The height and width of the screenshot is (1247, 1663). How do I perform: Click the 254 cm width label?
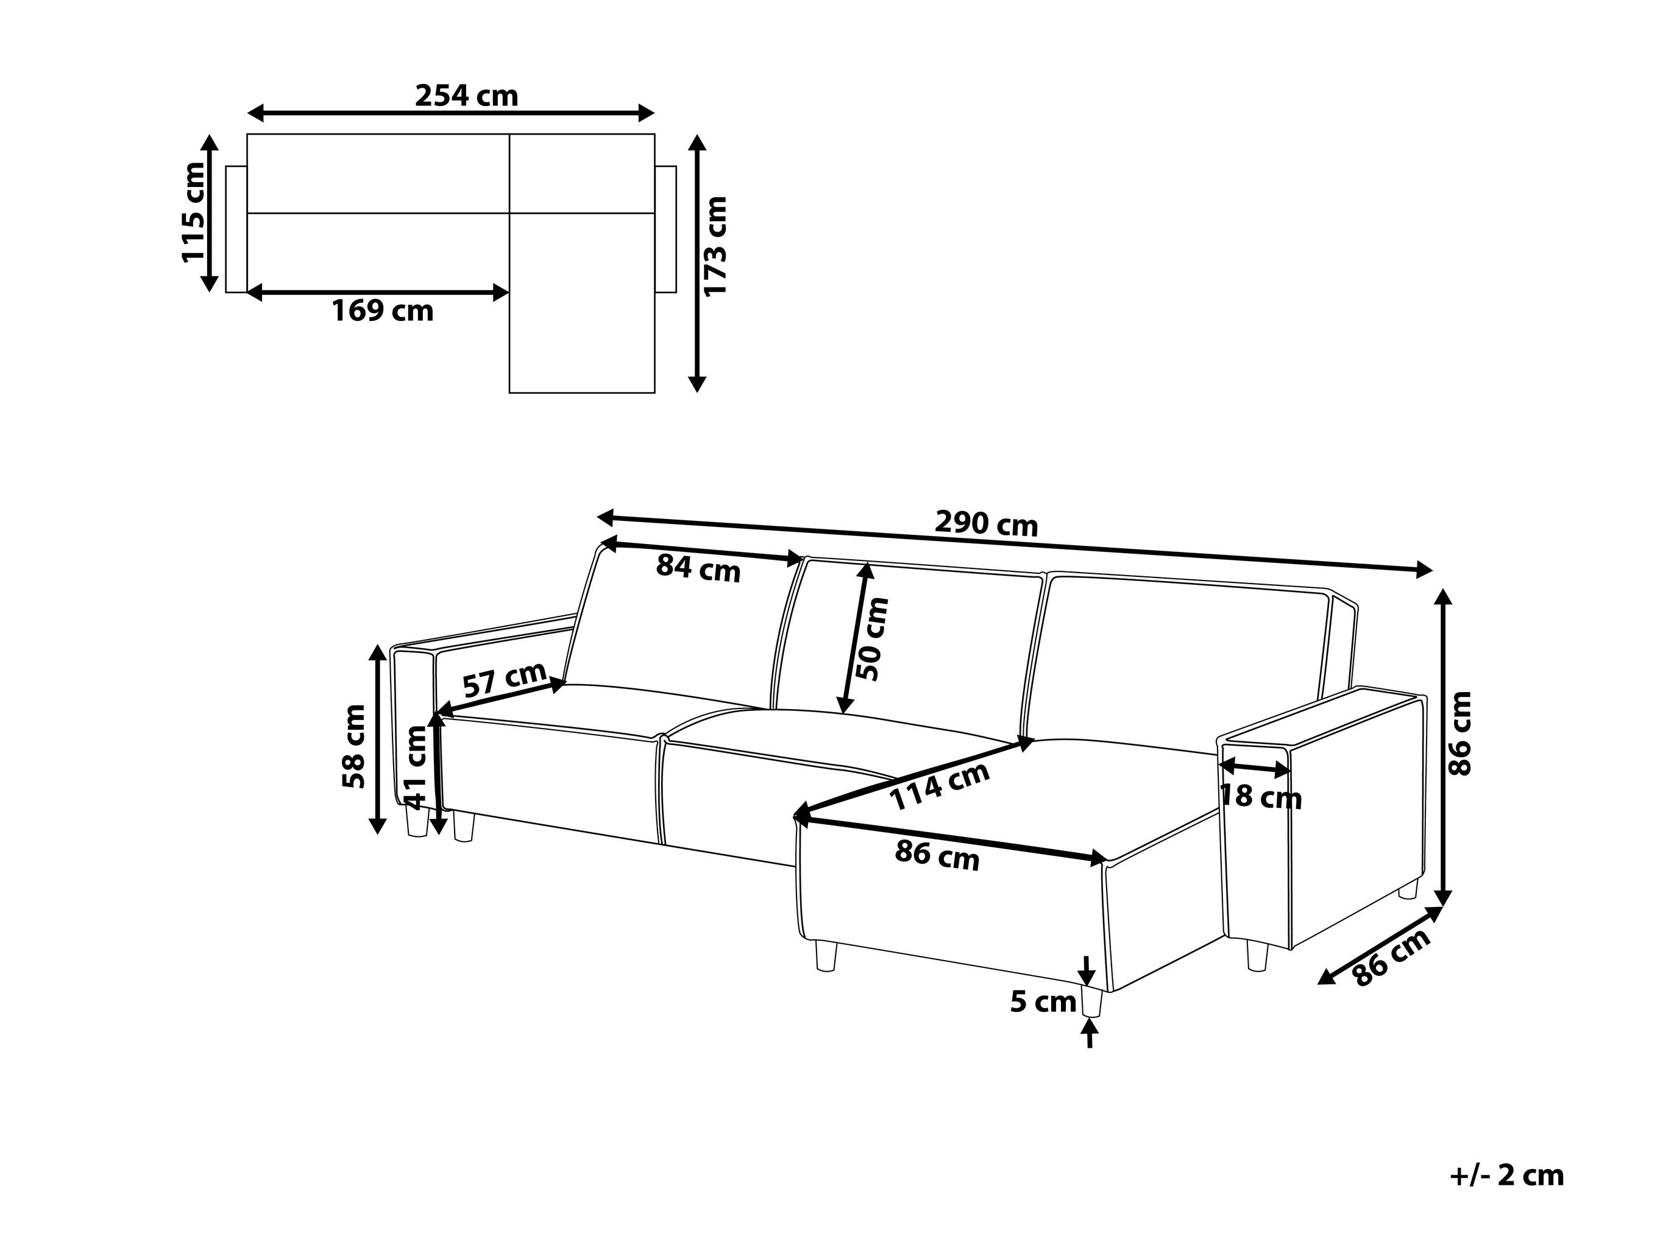click(x=466, y=96)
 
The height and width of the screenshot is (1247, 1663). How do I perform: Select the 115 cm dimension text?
click(x=193, y=212)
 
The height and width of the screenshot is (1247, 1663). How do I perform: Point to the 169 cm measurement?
click(x=383, y=311)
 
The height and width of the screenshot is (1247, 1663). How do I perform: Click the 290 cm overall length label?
click(x=985, y=523)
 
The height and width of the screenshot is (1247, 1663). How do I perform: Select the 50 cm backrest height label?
click(x=874, y=639)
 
